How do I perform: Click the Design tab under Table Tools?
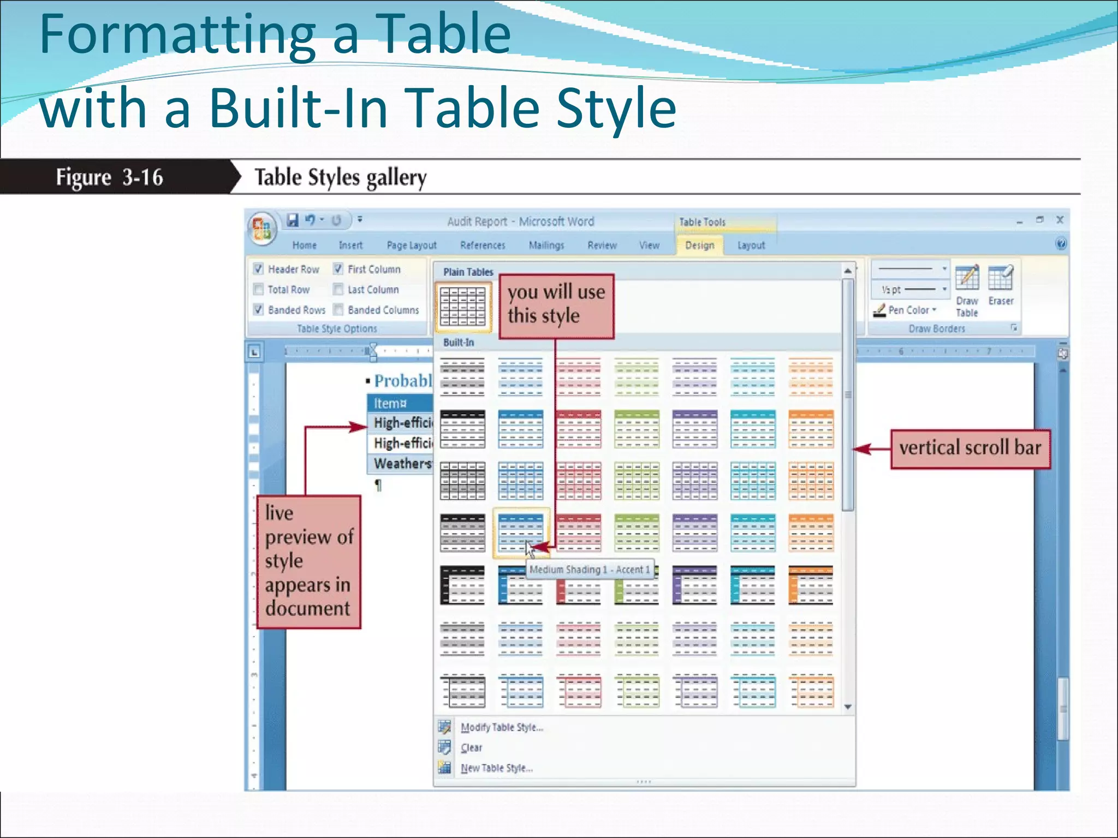coord(699,246)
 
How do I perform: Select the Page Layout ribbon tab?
coord(411,246)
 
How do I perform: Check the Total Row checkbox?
coord(259,289)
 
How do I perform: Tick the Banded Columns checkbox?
coord(338,310)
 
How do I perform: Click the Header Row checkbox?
coord(259,269)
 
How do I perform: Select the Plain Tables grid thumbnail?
coord(462,306)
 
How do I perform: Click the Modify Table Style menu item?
coord(501,727)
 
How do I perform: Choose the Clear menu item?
coord(471,748)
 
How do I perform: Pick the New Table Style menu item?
coord(496,768)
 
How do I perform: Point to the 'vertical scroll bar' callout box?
coord(970,448)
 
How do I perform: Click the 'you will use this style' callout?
coord(556,305)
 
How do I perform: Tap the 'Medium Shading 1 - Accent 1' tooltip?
coord(590,570)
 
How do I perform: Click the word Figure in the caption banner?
coord(83,177)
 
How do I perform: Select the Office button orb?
coord(261,228)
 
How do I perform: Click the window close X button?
coord(1060,220)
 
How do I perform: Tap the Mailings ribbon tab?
coord(546,246)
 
